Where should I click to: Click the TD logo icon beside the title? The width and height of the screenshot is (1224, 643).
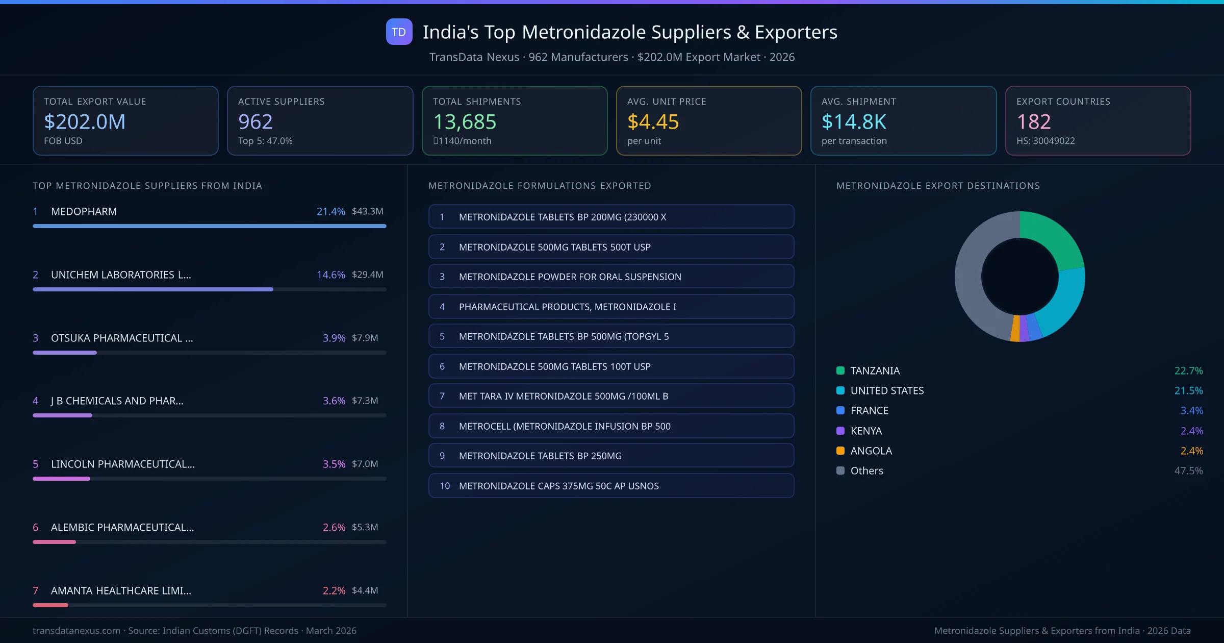(399, 32)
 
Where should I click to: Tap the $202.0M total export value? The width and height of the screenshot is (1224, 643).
(85, 122)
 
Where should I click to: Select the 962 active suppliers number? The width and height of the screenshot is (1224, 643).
(256, 122)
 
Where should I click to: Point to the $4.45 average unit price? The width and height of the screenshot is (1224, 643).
(653, 122)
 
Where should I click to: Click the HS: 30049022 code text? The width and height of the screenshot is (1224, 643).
(1045, 141)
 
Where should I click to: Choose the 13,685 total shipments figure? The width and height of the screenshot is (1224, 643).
(465, 122)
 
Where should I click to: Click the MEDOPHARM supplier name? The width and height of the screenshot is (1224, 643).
(84, 211)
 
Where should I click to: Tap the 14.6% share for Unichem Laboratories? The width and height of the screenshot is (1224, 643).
(330, 275)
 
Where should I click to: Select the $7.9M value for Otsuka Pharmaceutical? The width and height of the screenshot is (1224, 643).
(365, 338)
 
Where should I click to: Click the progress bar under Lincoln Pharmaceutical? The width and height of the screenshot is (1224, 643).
(209, 479)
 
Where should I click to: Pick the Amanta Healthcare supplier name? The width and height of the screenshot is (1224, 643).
(121, 590)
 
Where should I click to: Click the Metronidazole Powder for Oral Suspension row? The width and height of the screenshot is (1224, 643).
(611, 277)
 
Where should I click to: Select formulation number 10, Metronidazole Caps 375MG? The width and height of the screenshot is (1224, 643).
(611, 486)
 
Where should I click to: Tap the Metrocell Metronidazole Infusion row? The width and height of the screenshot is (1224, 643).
(611, 426)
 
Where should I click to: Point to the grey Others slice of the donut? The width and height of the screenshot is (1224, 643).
(972, 286)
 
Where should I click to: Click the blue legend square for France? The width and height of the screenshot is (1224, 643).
(840, 410)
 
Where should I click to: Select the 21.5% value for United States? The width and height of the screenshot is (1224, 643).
(1188, 390)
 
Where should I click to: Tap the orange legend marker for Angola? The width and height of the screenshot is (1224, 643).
(840, 451)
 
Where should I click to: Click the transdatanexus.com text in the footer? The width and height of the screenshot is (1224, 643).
(76, 631)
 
